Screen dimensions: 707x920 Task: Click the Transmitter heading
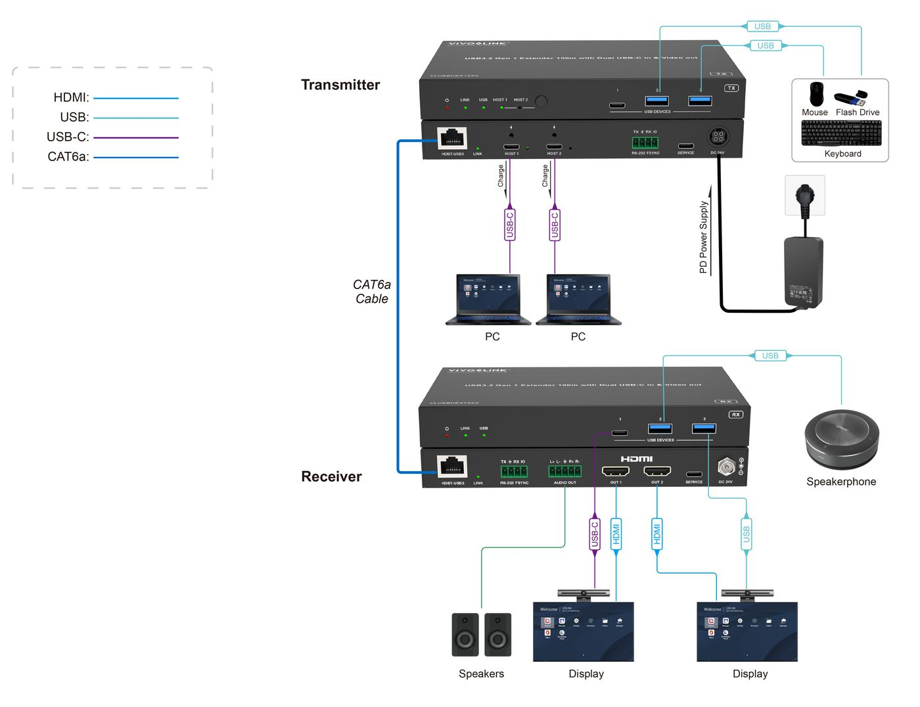[x=340, y=85]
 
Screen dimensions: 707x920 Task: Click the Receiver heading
[x=331, y=476]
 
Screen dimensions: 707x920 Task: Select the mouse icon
[x=816, y=94]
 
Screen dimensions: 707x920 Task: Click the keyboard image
[x=841, y=133]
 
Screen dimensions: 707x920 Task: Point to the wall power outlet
[x=805, y=195]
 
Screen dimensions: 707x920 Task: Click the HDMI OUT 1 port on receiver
[x=616, y=471]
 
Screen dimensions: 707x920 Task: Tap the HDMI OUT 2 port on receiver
[x=657, y=471]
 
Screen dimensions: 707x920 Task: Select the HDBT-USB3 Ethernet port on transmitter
[x=452, y=139]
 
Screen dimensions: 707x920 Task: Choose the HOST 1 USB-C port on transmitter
[x=511, y=147]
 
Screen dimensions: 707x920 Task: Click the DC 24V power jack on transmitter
[x=718, y=137]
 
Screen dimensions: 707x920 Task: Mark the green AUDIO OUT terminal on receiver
[x=565, y=472]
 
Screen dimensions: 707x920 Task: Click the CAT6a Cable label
[x=372, y=292]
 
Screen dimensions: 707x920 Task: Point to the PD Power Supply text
[x=703, y=237]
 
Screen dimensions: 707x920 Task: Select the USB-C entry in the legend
[x=68, y=137]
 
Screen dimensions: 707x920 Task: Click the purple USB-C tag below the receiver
[x=595, y=534]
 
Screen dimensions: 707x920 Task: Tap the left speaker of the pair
[x=465, y=635]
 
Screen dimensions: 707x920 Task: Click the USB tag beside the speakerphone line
[x=770, y=355]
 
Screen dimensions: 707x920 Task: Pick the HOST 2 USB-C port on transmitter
[x=554, y=147]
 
